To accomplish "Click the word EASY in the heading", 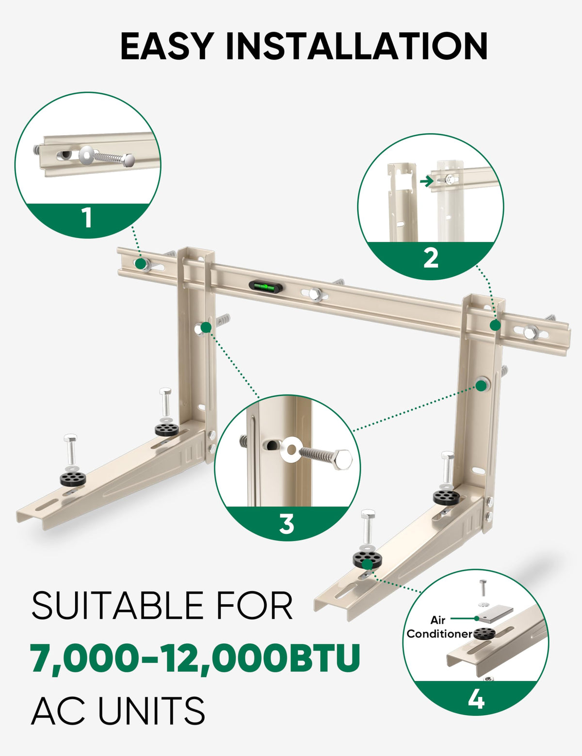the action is click(x=167, y=47).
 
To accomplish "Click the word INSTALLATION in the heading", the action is click(x=357, y=47).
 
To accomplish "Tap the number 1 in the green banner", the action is click(x=87, y=218).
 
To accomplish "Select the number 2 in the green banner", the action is click(x=431, y=258).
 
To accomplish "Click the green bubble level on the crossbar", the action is click(x=265, y=287).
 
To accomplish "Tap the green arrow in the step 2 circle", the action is click(x=426, y=181).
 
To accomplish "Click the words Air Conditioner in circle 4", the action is click(x=439, y=627).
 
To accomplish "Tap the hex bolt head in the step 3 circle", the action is click(x=339, y=457).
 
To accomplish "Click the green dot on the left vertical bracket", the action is click(x=206, y=328).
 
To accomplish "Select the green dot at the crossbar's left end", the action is click(x=141, y=263).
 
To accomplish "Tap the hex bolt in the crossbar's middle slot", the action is click(x=315, y=294).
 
